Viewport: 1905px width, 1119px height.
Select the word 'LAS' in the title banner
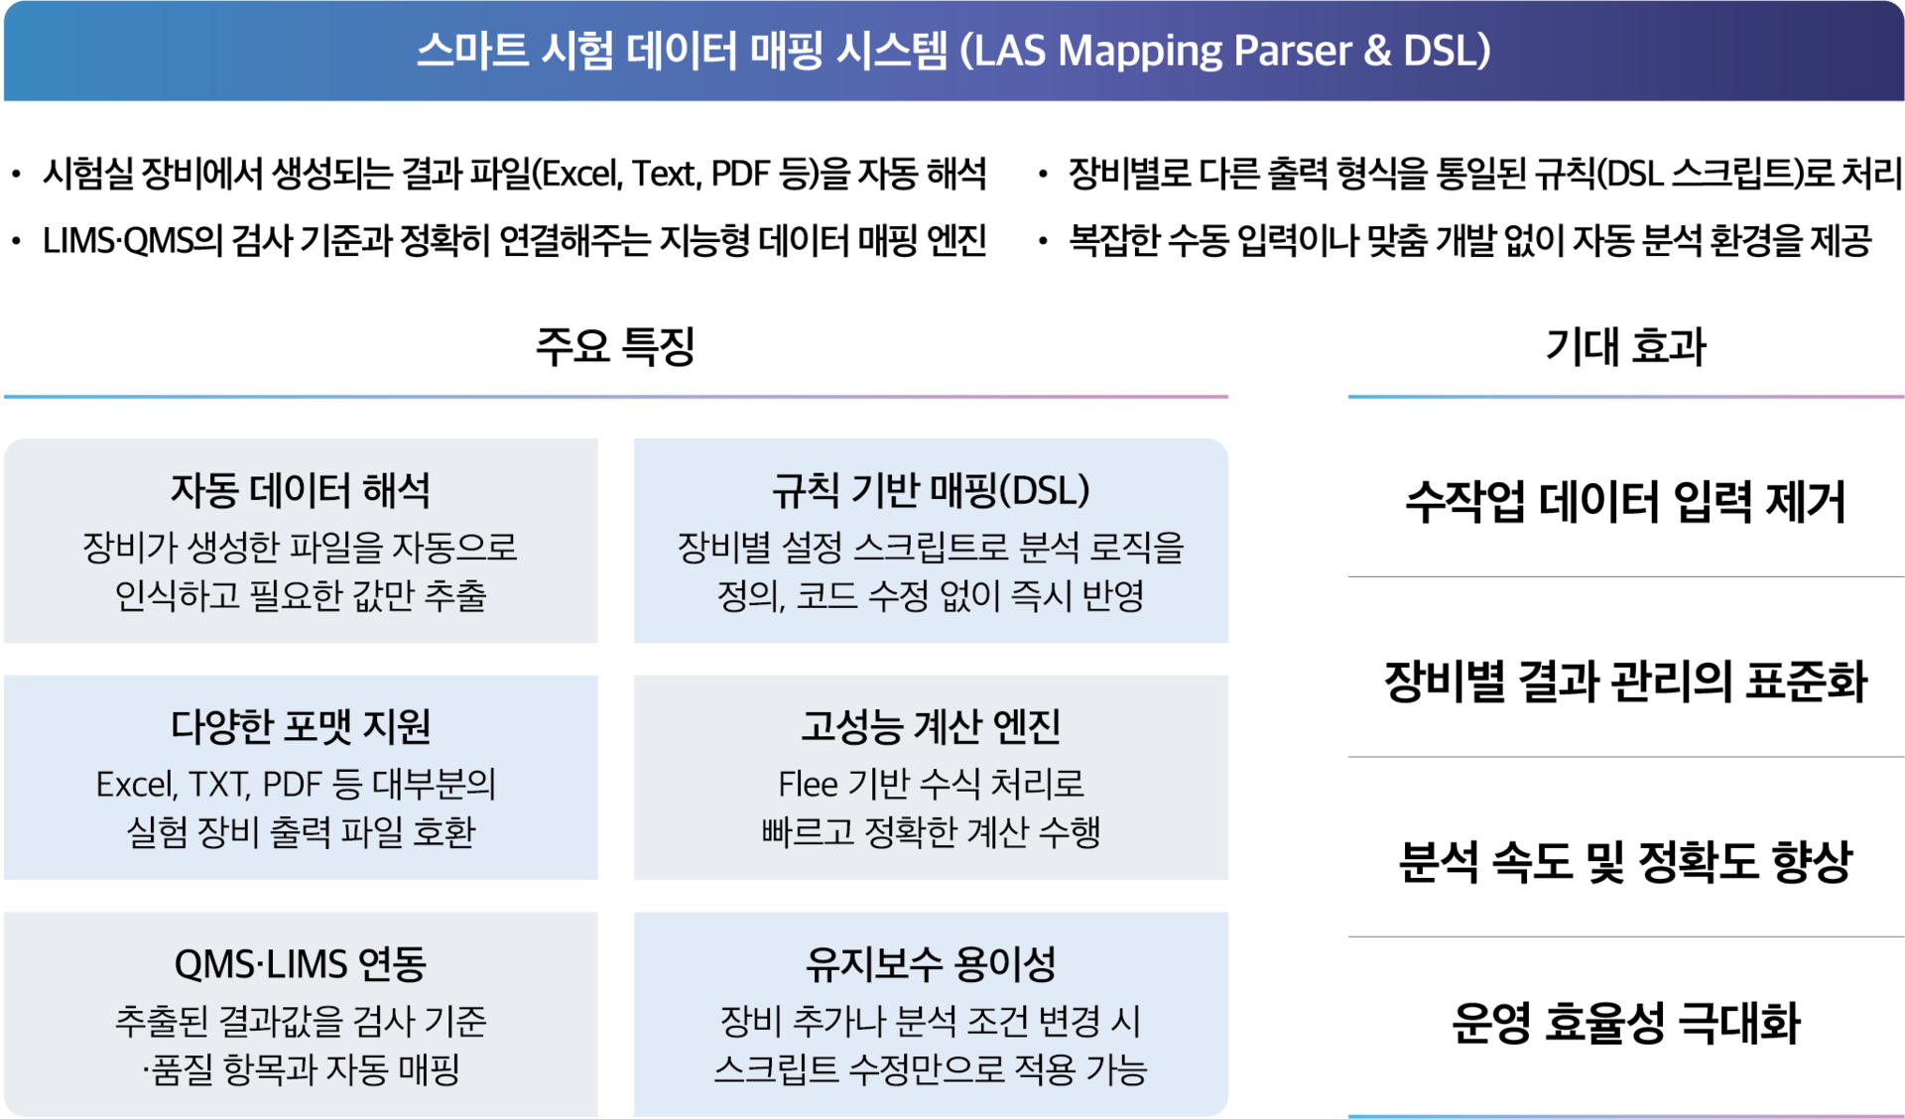point(1011,51)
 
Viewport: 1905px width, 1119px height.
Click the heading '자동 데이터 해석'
point(301,490)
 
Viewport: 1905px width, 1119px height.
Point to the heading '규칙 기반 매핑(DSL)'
point(931,490)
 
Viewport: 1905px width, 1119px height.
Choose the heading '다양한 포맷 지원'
point(301,726)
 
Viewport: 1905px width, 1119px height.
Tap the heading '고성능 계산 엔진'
point(931,726)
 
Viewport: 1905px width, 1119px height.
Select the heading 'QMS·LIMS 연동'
point(301,963)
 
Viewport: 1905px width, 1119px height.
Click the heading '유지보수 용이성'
point(931,963)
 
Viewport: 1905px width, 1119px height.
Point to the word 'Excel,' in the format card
point(137,785)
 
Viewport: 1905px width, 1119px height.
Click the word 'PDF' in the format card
point(292,785)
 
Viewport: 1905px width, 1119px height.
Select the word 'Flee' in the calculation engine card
point(808,785)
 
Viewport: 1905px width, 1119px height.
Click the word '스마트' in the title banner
point(471,51)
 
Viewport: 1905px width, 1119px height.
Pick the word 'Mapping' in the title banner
point(1141,51)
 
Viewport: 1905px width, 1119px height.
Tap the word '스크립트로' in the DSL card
point(931,547)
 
